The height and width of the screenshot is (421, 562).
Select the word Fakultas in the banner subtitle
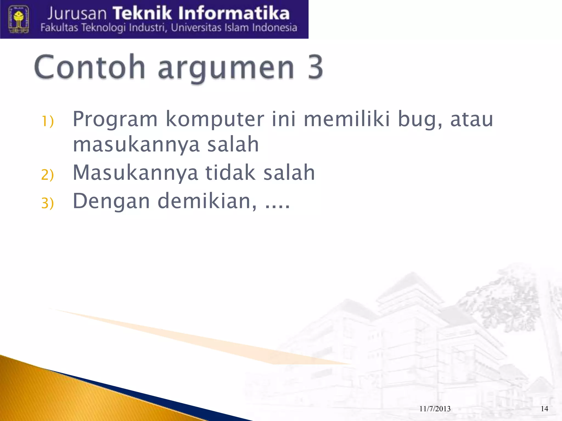tap(59, 28)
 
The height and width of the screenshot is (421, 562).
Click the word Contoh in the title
tap(89, 67)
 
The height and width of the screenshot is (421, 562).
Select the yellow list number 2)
tap(47, 175)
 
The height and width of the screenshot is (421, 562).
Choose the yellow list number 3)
tap(47, 203)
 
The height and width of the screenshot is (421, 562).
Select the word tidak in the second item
tap(231, 172)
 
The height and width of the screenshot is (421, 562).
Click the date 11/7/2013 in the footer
tap(435, 409)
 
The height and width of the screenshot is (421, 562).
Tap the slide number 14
tap(544, 409)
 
